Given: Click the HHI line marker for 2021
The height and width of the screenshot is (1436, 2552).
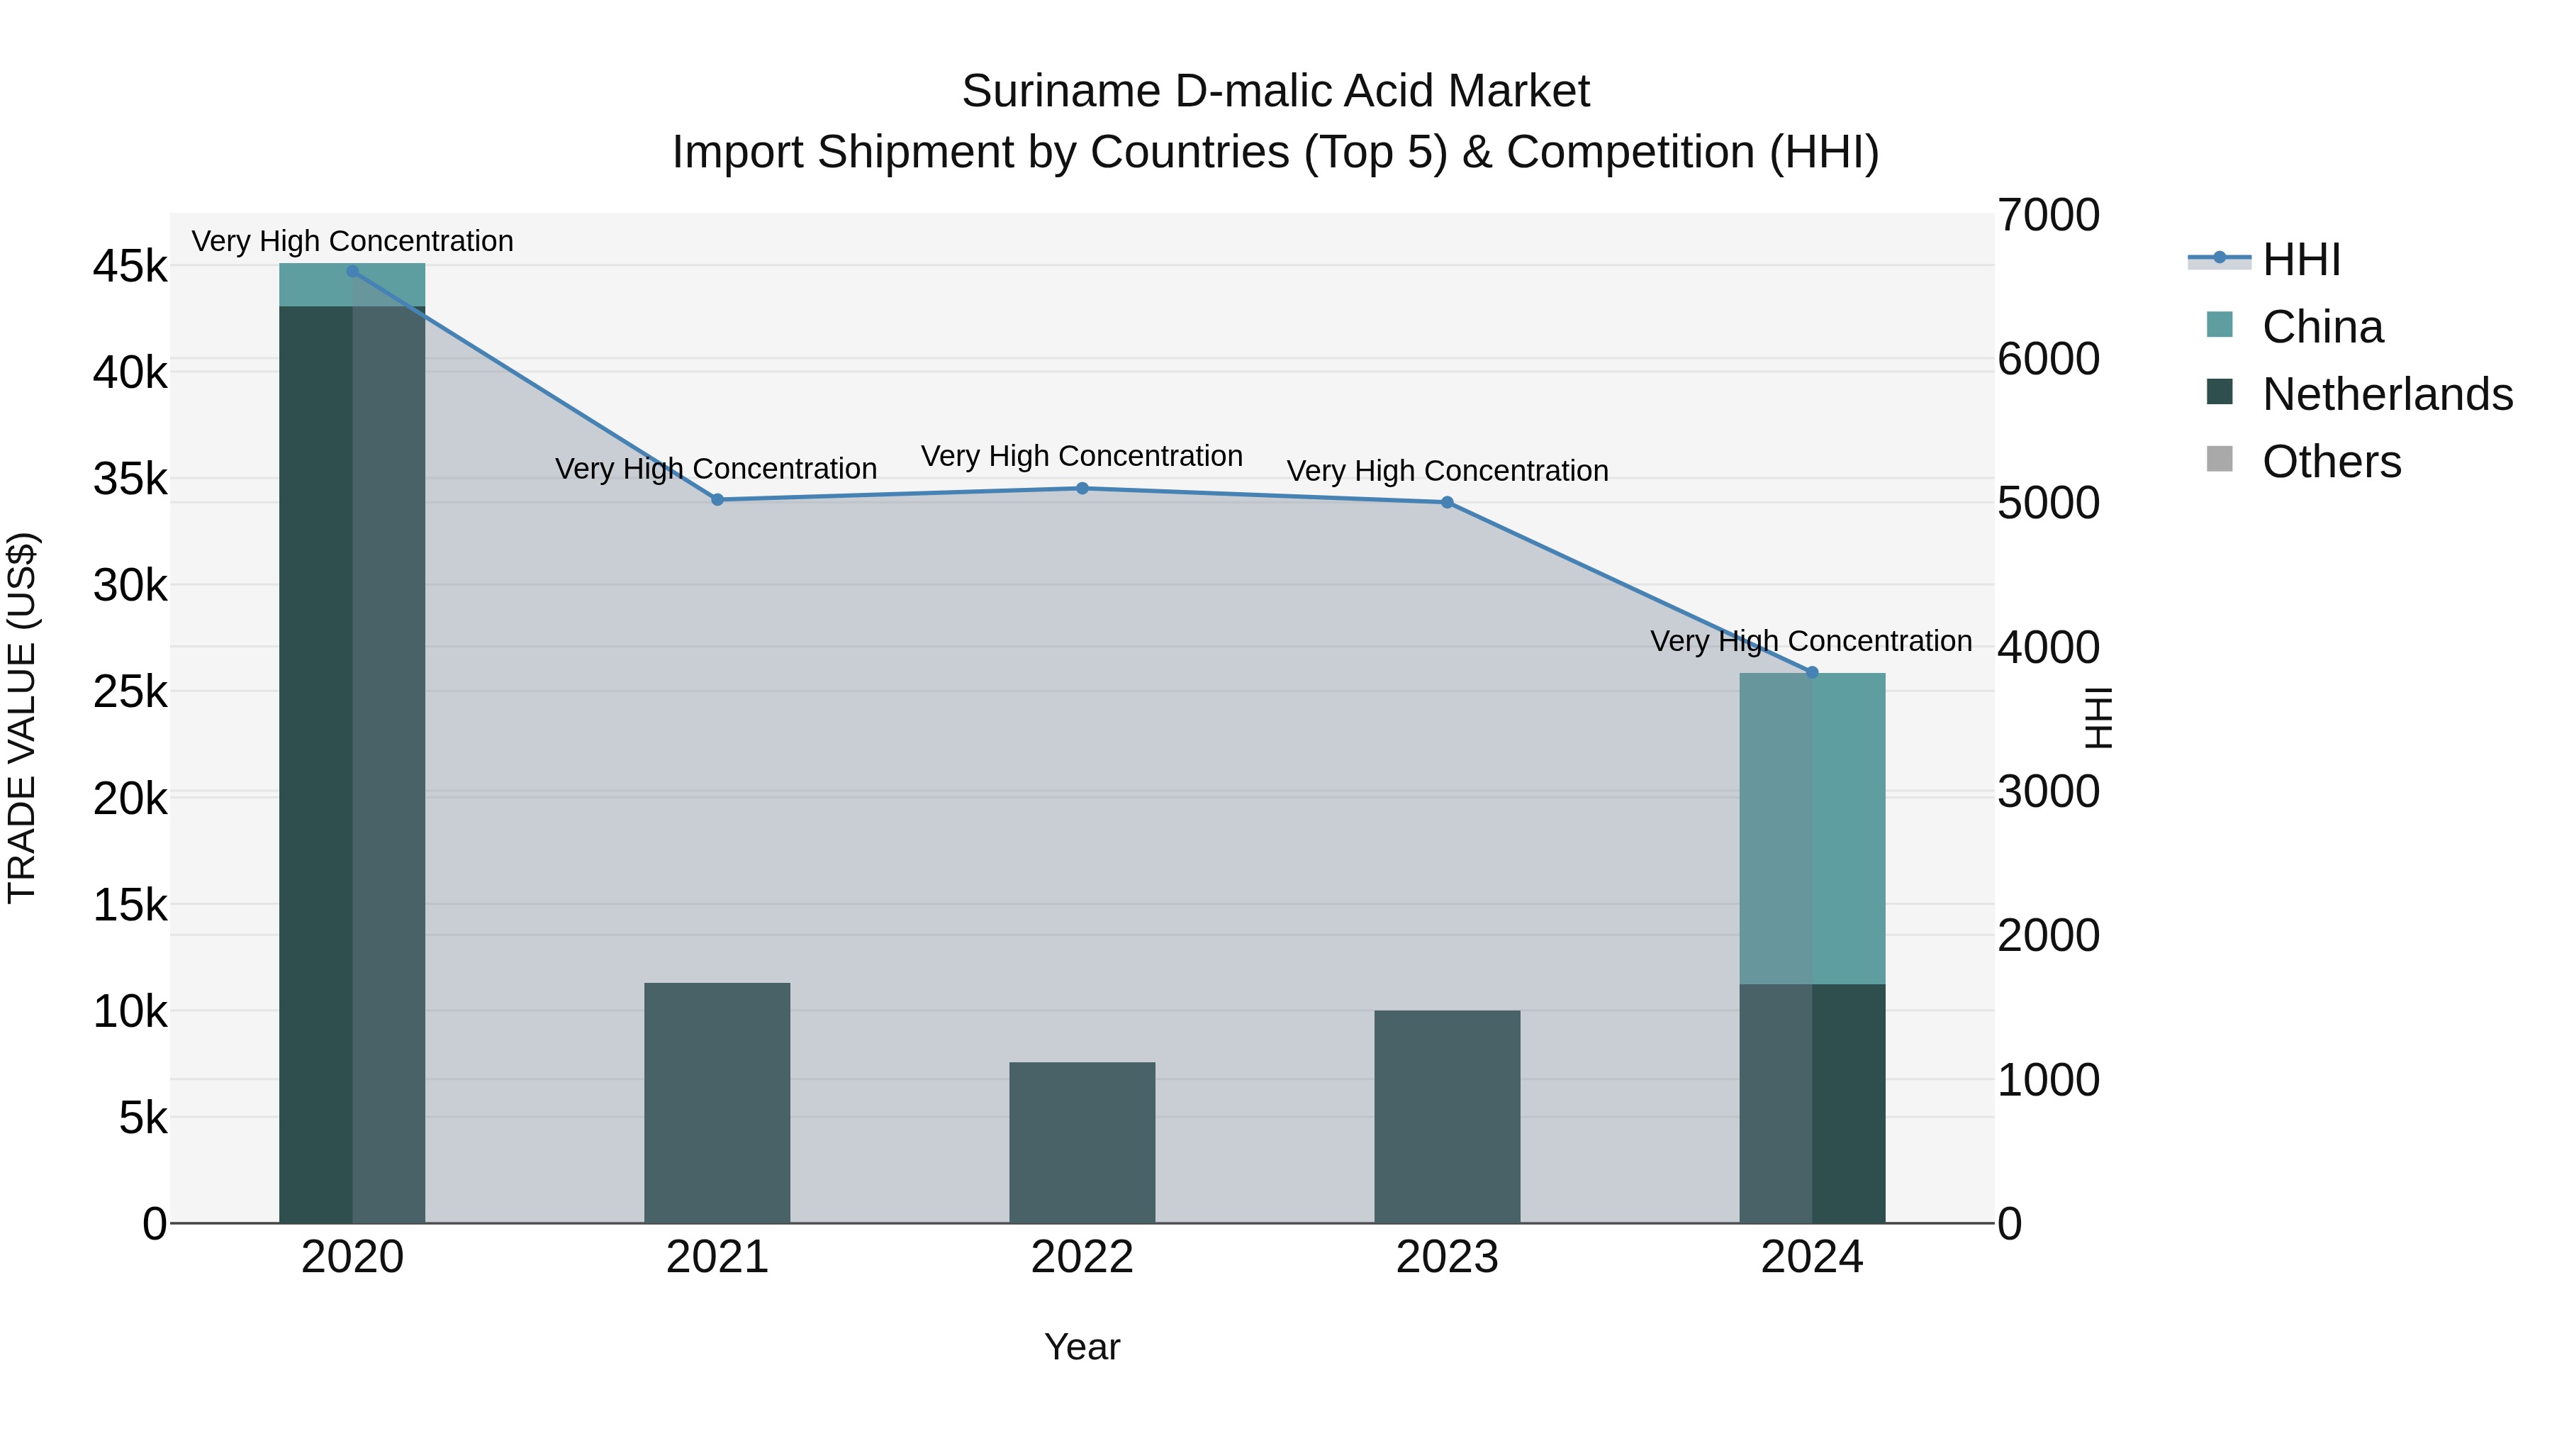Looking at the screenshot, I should coord(717,499).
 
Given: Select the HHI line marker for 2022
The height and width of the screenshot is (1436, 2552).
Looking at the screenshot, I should coord(1082,489).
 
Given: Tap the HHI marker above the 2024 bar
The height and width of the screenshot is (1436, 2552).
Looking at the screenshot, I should coord(1812,672).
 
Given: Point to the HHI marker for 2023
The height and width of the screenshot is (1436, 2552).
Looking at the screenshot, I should coord(1446,503).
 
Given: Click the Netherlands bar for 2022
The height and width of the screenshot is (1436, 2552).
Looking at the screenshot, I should coord(1082,1142).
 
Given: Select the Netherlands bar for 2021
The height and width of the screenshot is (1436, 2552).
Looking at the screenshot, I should coord(717,1103).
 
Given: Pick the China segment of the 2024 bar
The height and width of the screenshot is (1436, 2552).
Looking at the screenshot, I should coord(1812,828).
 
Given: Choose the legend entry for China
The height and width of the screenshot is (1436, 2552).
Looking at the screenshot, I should coord(2321,327).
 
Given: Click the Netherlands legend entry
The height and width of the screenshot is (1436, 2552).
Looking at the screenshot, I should coord(2385,394).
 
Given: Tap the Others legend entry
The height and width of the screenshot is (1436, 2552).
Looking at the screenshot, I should coord(2330,462).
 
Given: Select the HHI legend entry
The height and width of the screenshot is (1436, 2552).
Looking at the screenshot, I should coord(2300,260).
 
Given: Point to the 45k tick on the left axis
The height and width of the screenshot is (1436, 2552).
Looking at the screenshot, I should coord(130,267).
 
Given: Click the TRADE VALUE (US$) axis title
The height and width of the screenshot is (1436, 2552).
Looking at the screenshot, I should coord(22,718).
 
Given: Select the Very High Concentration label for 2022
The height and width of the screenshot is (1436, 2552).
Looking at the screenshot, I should coord(1082,456).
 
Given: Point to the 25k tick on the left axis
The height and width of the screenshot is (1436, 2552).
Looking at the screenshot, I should coord(130,691).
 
